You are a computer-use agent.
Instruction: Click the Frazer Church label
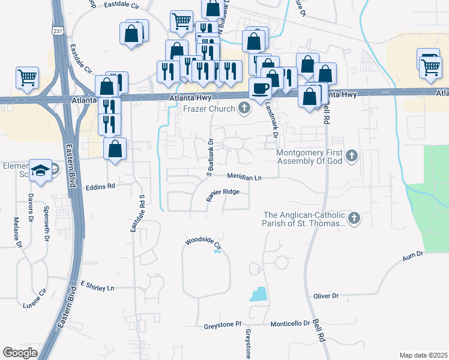tap(209, 109)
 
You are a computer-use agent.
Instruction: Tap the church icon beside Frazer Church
tap(244, 109)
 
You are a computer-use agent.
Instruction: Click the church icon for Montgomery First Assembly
tap(352, 157)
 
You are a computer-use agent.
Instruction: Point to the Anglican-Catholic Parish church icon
tap(354, 218)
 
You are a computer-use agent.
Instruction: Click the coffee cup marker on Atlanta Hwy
tap(260, 89)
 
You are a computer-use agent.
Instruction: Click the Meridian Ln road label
tap(244, 177)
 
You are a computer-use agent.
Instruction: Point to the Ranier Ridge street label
tap(223, 192)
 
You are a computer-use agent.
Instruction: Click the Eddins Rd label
tap(100, 187)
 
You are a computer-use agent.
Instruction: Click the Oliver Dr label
tap(327, 296)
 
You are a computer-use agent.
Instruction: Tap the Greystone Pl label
tap(221, 323)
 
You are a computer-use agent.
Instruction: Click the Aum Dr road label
tap(413, 255)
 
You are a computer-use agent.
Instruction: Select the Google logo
tap(20, 353)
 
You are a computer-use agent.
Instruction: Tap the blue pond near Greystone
tap(258, 294)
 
